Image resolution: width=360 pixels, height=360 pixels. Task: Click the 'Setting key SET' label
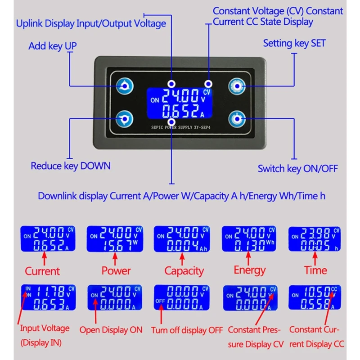click(294, 44)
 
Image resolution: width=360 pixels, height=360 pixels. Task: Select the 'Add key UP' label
click(52, 46)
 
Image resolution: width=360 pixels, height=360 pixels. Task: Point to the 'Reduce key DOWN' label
click(71, 166)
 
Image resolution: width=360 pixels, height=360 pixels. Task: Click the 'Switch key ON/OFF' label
click(297, 169)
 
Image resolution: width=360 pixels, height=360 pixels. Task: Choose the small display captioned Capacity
click(182, 239)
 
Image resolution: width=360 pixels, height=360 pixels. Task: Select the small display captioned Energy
click(249, 239)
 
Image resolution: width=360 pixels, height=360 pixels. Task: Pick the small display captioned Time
click(314, 239)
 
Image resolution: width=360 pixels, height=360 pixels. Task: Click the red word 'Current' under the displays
click(42, 271)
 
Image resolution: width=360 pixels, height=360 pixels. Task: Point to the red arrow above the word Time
click(315, 258)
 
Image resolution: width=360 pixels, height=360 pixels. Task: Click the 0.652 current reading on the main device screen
click(181, 111)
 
